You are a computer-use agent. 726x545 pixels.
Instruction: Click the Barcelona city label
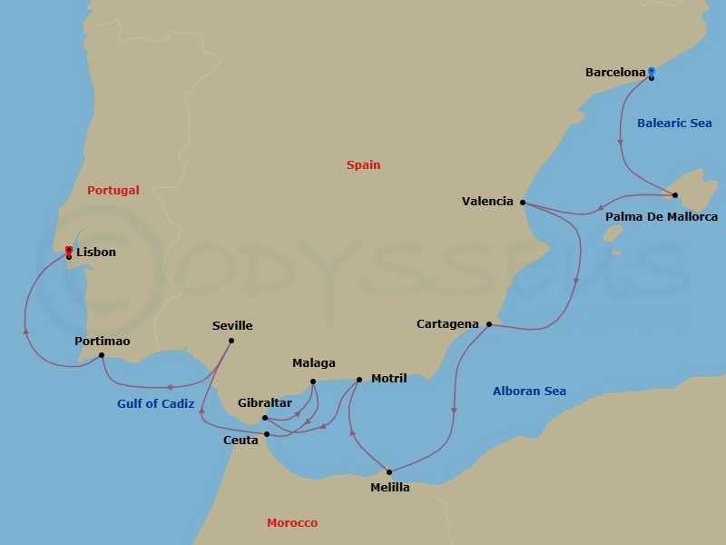615,73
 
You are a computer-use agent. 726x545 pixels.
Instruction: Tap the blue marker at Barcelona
651,71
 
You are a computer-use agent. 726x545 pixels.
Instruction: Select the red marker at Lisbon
69,250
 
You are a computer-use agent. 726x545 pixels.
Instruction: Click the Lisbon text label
96,253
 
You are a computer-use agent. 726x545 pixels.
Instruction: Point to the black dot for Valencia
523,203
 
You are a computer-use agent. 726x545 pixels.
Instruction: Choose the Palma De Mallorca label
661,217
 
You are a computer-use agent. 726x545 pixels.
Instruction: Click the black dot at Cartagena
489,324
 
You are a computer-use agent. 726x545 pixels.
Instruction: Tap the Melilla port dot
389,471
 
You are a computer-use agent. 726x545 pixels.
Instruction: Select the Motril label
388,378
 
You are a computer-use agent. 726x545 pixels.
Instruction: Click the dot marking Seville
231,341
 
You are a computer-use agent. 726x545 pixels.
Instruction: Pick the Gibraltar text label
264,402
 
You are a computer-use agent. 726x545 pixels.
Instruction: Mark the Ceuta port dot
267,434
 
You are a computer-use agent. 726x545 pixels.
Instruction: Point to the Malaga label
313,363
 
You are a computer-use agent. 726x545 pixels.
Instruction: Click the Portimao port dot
101,355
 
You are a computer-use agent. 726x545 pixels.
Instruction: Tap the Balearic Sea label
674,123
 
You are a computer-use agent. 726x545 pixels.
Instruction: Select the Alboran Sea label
529,391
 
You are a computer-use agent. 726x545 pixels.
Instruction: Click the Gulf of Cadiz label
155,404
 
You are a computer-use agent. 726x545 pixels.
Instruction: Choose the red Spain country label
363,165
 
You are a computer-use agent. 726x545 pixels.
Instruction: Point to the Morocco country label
292,523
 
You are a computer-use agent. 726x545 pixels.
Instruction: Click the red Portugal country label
113,191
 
